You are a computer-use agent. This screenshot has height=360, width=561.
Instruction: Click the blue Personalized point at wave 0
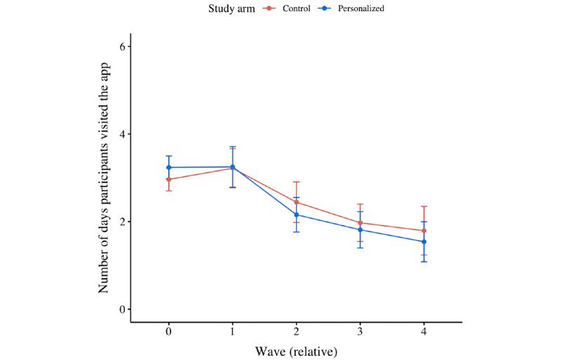[169, 167]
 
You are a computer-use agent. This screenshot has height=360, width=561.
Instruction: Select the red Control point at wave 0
[169, 180]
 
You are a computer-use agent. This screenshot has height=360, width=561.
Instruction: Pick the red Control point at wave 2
[297, 202]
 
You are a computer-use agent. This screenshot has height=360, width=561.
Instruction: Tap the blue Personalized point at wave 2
[297, 215]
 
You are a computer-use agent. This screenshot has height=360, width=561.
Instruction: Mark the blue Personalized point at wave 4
[424, 242]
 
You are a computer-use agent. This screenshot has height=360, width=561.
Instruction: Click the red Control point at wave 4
[424, 231]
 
